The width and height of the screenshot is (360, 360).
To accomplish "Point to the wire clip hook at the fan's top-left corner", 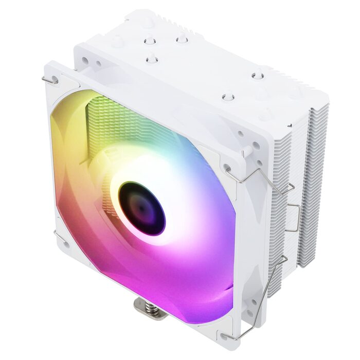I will tap(49, 81).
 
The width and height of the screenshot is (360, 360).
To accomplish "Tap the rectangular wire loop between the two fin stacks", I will tap(294, 216).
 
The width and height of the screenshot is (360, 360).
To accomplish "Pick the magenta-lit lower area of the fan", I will tap(170, 278).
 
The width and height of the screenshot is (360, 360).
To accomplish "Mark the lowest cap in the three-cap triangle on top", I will tap(152, 60).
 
